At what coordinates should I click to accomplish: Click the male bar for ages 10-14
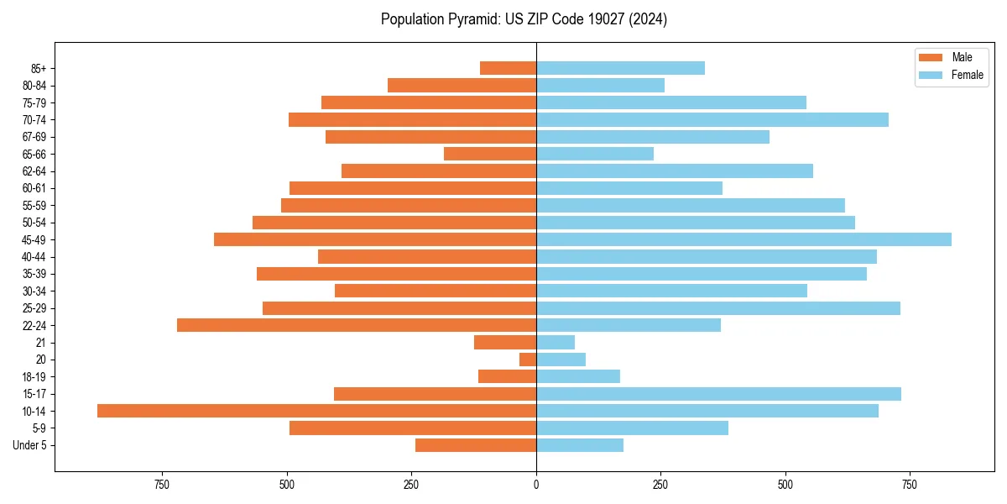coord(317,411)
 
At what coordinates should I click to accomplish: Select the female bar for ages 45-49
coord(744,239)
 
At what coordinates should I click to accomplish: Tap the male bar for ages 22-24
coord(357,325)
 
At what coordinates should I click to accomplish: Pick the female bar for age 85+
coord(620,68)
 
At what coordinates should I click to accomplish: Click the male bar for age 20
coord(528,360)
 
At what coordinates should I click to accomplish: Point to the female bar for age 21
coord(556,342)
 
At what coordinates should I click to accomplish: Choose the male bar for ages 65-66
coord(490,154)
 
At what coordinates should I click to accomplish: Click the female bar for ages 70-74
coord(712,119)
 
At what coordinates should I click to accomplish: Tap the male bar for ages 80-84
coord(462,85)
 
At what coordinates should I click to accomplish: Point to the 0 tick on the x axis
coord(536,485)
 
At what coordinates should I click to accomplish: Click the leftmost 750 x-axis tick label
coord(163,485)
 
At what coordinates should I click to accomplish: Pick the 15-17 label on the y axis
coord(34,394)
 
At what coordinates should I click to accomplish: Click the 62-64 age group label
coord(34,171)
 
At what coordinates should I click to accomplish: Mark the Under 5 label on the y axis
coord(29,445)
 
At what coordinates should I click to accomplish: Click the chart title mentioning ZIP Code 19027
coord(524,19)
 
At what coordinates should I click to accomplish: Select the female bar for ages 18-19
coord(578,376)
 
